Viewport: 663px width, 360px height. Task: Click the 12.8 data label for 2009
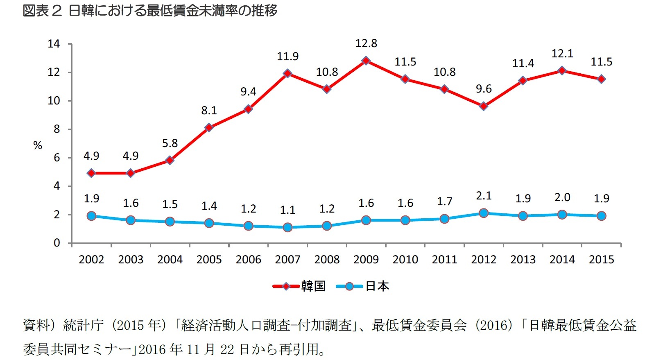tap(366, 43)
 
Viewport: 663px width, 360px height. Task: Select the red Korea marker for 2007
tap(287, 73)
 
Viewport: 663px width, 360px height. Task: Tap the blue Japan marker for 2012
tap(484, 213)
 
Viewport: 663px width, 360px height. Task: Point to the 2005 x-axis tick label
tap(209, 260)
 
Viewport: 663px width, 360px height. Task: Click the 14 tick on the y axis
tap(54, 44)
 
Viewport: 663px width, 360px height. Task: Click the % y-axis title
tap(38, 145)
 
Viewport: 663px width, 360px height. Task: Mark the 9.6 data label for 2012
tap(484, 89)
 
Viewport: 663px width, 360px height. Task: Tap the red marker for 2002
tap(91, 173)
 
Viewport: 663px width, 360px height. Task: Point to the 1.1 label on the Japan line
tap(287, 210)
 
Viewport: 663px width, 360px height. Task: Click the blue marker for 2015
tap(601, 216)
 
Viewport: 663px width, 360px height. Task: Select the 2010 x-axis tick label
tap(405, 260)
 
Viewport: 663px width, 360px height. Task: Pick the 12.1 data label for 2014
tap(562, 54)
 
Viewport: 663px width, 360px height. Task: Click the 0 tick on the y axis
tap(57, 243)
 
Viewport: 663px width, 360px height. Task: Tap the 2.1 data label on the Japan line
tap(484, 196)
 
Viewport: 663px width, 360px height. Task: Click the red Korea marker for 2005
tap(209, 127)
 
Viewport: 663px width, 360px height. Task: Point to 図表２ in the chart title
tap(42, 11)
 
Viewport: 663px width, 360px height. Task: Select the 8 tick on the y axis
tap(57, 129)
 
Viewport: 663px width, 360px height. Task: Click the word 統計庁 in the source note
tap(84, 326)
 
